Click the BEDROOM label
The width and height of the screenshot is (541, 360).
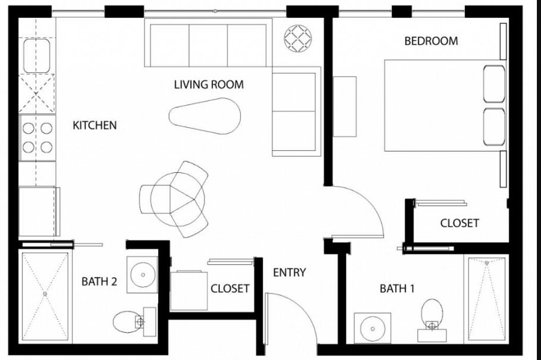(431, 41)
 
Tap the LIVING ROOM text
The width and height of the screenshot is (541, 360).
(209, 84)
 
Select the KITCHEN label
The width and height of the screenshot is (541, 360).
(95, 125)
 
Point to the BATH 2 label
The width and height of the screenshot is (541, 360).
(99, 281)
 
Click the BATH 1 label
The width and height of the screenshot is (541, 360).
(397, 289)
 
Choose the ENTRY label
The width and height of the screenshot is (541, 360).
(289, 273)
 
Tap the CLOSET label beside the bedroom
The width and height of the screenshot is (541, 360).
(459, 223)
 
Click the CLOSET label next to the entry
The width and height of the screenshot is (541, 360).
(229, 289)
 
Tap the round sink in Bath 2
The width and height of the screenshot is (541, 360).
(142, 274)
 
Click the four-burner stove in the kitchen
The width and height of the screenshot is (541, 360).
(37, 137)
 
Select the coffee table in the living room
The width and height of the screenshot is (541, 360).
(206, 115)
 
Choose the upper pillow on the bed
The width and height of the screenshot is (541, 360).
(494, 84)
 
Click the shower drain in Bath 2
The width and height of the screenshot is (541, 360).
(45, 293)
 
